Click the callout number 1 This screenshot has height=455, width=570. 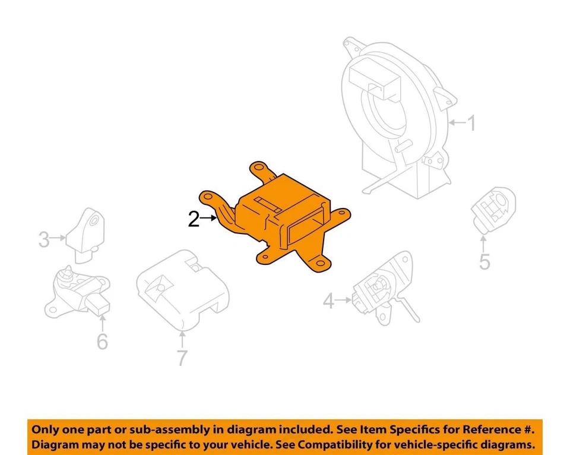(x=471, y=124)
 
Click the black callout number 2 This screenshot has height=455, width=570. (x=194, y=219)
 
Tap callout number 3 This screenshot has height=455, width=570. (x=44, y=240)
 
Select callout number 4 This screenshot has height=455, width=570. (x=329, y=302)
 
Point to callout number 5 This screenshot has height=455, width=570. (x=484, y=261)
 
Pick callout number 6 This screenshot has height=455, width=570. (x=102, y=342)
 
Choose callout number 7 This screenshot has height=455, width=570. (x=182, y=358)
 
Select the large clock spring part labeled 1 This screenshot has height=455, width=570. (x=398, y=125)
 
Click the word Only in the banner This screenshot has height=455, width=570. (x=45, y=429)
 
